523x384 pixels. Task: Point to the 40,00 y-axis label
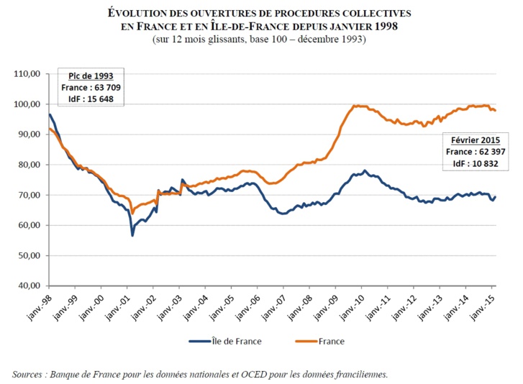click(x=27, y=285)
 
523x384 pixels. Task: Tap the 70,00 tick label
click(x=27, y=195)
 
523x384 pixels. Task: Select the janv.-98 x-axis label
click(x=36, y=304)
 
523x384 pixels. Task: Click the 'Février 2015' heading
click(x=472, y=141)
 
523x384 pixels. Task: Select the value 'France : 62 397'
click(x=472, y=152)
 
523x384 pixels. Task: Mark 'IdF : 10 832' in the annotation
click(x=472, y=164)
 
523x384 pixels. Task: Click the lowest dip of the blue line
click(x=132, y=235)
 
